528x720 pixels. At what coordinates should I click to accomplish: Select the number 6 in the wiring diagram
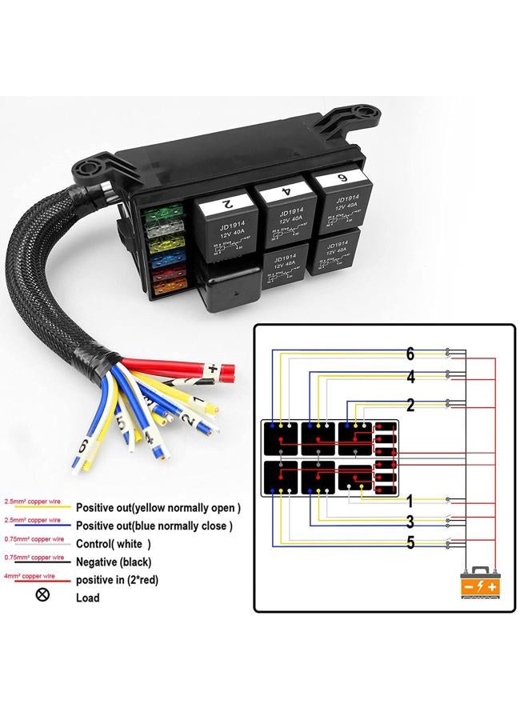pos(410,354)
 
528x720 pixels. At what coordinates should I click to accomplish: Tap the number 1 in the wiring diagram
pos(410,502)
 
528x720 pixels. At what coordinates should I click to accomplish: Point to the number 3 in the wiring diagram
pos(410,522)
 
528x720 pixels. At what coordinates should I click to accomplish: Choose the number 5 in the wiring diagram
pos(410,543)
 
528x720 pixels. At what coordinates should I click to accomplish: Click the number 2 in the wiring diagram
pos(410,406)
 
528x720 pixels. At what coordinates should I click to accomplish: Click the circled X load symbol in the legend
pos(43,595)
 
